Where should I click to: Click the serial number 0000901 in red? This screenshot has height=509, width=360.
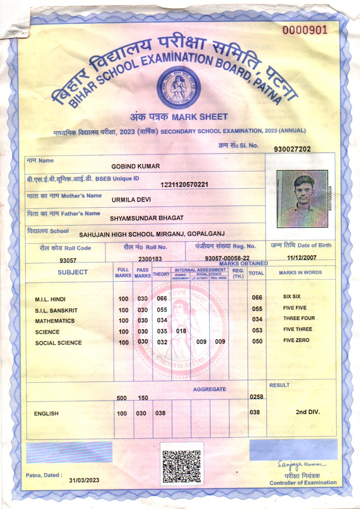304,30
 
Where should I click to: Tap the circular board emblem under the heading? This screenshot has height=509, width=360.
178,88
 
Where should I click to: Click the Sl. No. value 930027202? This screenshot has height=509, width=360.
292,149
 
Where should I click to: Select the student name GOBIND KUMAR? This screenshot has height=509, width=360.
136,167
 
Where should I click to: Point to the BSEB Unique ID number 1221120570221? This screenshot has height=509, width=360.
185,185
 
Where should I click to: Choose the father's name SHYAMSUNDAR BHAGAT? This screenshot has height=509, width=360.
147,217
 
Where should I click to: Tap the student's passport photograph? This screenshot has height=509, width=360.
302,199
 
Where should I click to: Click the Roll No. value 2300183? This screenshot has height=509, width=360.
150,259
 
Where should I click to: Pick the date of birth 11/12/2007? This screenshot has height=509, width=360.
301,257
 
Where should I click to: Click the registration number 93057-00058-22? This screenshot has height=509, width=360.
227,259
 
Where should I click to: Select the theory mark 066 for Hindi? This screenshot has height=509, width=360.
162,299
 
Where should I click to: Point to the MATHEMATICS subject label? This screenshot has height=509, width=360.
55,321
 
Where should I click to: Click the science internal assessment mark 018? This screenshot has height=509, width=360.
181,331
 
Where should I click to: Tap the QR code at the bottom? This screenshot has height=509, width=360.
182,463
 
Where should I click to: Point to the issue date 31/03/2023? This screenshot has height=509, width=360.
84,480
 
